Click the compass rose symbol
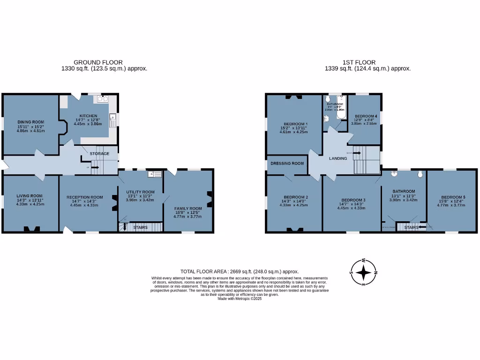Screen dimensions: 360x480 coord(363,272)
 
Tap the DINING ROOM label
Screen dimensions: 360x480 coord(31,122)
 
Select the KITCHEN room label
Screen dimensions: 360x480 coord(88,116)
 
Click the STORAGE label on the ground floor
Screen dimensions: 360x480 coord(99,153)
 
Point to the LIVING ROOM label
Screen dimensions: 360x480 coord(30,196)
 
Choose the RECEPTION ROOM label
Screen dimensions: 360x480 coord(84,197)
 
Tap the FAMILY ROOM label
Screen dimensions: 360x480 coord(188,208)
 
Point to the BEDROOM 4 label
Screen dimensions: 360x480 coord(365,116)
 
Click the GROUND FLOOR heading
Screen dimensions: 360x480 coord(98,62)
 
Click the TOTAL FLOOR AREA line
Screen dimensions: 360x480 coord(240,271)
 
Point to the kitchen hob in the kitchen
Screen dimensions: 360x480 coord(102,99)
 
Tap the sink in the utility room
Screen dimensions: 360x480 coord(154,174)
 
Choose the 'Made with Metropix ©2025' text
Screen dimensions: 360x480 coord(240,299)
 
